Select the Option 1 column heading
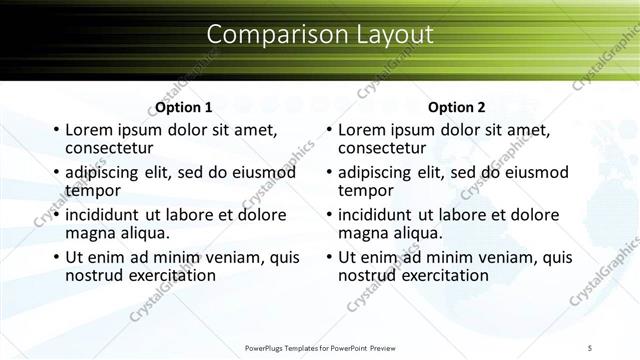(183, 107)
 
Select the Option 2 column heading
(456, 107)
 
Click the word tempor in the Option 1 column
(92, 190)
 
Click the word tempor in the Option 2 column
(365, 190)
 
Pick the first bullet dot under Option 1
(56, 131)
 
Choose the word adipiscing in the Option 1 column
(105, 173)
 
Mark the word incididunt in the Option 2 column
(379, 215)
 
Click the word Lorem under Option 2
(362, 130)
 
